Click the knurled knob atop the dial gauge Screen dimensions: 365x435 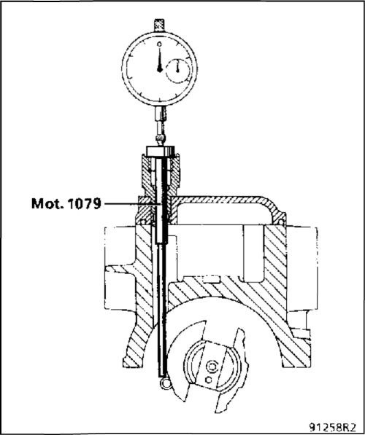159,25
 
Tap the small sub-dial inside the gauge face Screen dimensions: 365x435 178,71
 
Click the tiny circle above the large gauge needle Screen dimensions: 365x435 159,44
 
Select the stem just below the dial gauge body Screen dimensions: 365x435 160,114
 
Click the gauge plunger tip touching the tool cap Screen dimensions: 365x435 160,141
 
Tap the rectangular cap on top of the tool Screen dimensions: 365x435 161,152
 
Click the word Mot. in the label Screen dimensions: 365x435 45,204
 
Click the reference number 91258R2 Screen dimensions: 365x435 332,427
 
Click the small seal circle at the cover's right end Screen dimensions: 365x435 281,222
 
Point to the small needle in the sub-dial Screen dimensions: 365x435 177,68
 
